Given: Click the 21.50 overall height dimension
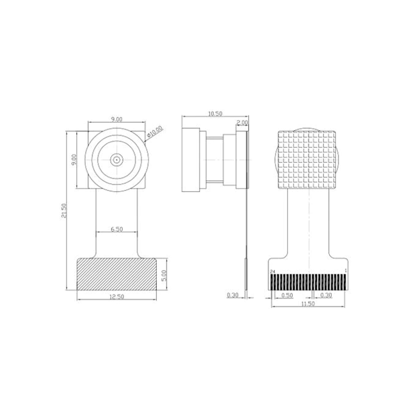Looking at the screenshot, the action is tap(64, 210).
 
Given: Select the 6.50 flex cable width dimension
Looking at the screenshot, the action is tap(117, 229).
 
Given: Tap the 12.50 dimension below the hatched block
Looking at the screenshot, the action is tap(117, 297).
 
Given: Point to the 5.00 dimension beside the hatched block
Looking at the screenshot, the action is tap(164, 276).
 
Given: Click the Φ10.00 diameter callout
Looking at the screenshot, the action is tap(155, 131).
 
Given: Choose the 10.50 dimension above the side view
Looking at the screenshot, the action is tap(215, 114).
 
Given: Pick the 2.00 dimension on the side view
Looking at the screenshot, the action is tap(242, 123).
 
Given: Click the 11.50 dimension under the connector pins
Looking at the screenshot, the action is tap(308, 304).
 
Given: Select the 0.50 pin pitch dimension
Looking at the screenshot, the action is tap(287, 295).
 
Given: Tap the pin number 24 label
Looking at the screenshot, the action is tap(273, 271).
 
